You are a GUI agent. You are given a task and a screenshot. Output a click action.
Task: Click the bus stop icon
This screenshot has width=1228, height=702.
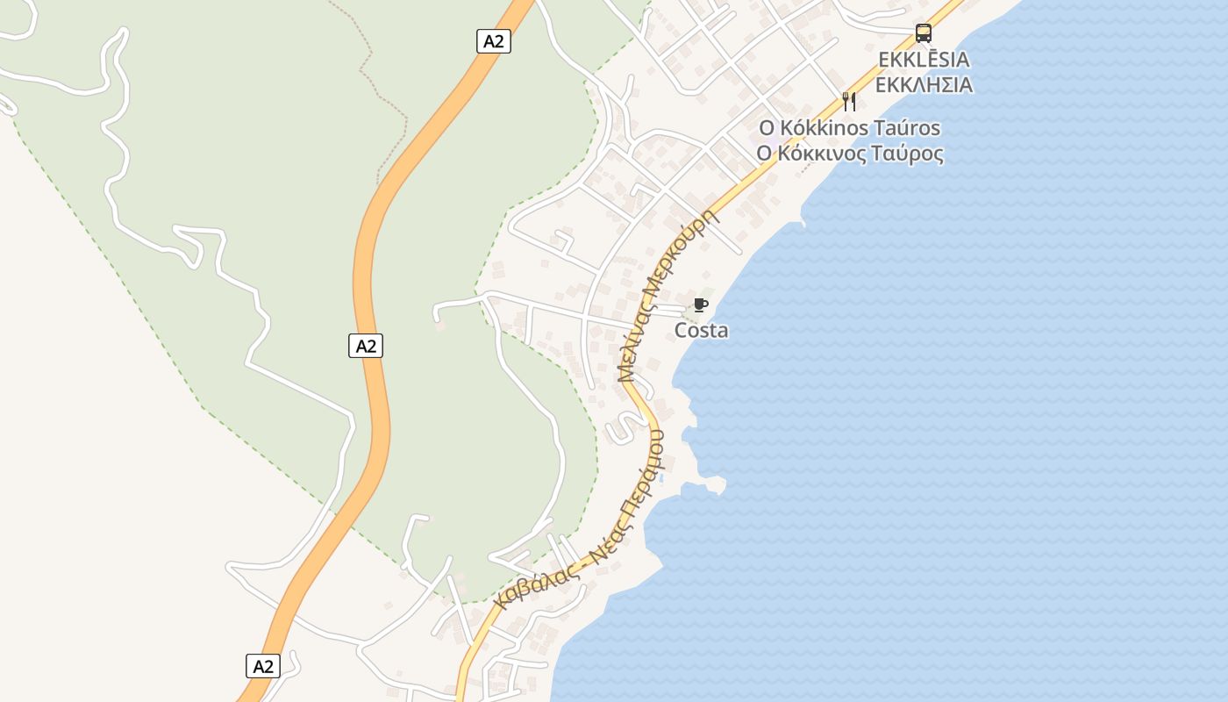tap(924, 33)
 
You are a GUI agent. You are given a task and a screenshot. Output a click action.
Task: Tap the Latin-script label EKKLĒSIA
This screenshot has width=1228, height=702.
tap(925, 60)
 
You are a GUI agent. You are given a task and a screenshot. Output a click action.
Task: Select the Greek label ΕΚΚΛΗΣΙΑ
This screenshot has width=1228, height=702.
tap(925, 85)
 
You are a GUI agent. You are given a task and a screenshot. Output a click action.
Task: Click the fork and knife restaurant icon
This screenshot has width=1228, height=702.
tap(848, 101)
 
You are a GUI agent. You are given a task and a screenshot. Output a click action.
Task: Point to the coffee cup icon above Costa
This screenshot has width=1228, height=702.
tap(700, 305)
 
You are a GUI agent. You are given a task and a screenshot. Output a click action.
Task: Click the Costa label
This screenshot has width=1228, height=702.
tap(701, 331)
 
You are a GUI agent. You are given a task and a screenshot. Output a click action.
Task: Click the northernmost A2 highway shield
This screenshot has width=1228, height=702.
tap(494, 41)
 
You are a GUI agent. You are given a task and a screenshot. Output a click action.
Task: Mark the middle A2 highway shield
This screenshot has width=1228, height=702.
tap(366, 346)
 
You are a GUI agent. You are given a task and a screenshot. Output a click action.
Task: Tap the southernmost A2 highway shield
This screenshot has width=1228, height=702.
tap(263, 666)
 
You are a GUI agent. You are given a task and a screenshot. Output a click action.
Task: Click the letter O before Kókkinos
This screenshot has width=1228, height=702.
tap(767, 128)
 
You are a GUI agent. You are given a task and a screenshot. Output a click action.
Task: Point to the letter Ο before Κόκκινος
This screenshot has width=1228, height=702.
tap(765, 154)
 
